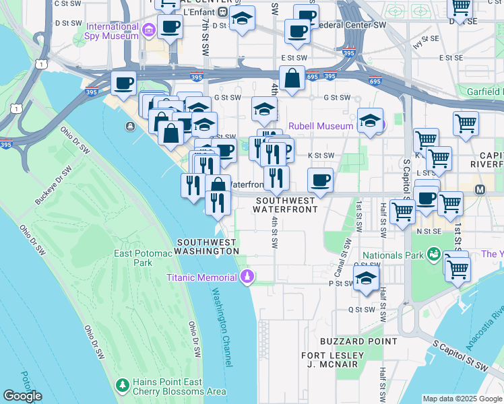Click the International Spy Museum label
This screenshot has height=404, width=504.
113,32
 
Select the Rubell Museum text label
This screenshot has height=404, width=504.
321,126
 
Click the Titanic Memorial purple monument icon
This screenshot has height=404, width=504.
248,277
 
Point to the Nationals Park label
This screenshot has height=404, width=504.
392,255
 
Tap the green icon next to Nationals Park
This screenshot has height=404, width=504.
433,255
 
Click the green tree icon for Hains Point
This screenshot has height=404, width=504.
122,385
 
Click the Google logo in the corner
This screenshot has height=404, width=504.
22,396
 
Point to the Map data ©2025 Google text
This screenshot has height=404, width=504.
462,399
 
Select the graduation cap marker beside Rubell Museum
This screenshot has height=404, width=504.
370,121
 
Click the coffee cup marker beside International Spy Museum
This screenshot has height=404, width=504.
170,28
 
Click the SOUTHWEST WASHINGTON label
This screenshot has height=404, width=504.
206,246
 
